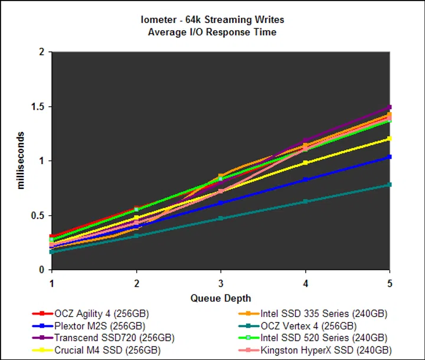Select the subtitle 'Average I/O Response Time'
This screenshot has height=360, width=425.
tap(212, 32)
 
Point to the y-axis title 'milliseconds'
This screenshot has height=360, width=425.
tap(21, 161)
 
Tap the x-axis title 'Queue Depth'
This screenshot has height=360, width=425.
tap(220, 298)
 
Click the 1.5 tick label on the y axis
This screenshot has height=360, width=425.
tap(38, 107)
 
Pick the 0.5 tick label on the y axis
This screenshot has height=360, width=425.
tap(38, 215)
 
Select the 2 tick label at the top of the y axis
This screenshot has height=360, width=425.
tap(42, 53)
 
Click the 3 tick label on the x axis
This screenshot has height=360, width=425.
tap(221, 282)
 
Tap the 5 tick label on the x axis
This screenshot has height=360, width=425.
tap(390, 282)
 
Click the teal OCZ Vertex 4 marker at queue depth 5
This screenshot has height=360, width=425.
tap(390, 185)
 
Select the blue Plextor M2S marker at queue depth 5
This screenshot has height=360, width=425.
tap(390, 157)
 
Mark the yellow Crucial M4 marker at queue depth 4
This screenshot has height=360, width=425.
tap(305, 163)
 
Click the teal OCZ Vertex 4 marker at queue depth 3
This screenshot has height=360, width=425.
tap(221, 218)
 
